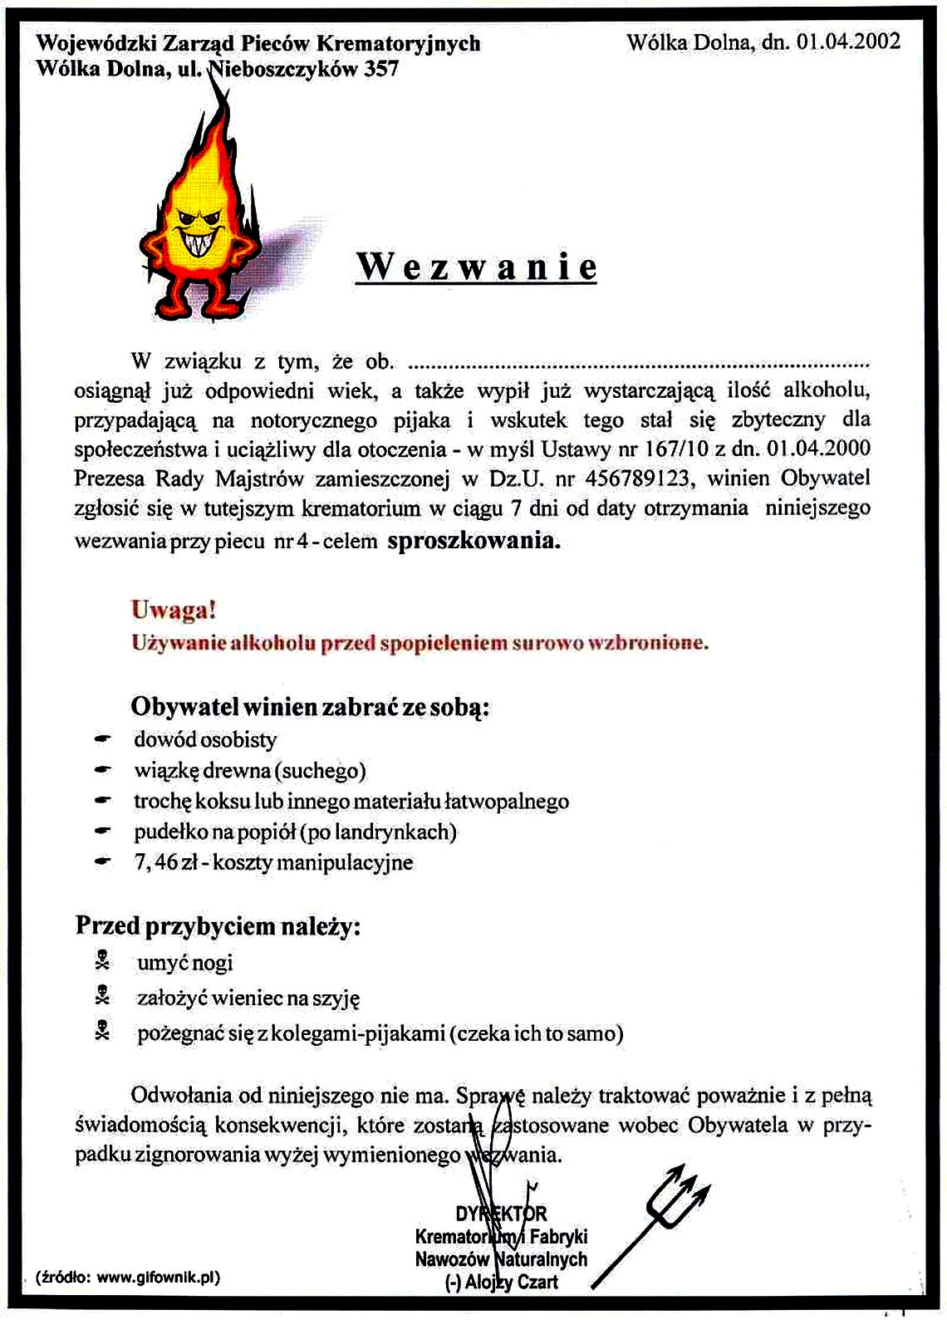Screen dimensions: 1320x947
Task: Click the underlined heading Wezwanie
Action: click(x=476, y=267)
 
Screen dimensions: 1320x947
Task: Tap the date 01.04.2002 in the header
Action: click(x=848, y=42)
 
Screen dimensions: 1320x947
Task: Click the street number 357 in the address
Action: click(x=381, y=69)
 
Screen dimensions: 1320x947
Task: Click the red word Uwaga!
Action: click(x=174, y=611)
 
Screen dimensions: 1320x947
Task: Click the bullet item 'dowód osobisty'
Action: click(x=205, y=739)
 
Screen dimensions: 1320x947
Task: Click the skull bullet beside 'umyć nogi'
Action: click(x=102, y=962)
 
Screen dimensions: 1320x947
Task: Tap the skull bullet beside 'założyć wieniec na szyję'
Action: click(x=102, y=997)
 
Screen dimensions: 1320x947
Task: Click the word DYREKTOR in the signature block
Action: click(x=501, y=1214)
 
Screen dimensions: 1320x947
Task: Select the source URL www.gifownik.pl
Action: click(x=156, y=1278)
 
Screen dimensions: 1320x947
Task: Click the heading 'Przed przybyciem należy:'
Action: click(x=218, y=926)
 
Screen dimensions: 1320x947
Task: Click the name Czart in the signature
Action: click(x=537, y=1282)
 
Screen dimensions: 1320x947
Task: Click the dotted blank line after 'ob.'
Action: click(x=640, y=363)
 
